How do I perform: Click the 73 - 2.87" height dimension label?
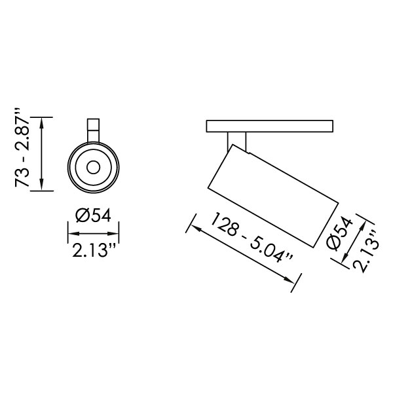pos(22,147)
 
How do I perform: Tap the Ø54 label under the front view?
pos(93,215)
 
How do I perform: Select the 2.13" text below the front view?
pos(94,250)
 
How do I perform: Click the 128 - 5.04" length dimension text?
pos(252,238)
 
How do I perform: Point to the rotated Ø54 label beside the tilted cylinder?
pos(339,234)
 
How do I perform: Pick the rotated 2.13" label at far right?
pos(365,252)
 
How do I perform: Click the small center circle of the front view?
pos(93,167)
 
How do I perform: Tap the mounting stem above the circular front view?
pos(93,130)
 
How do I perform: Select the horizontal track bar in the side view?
pos(270,126)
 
